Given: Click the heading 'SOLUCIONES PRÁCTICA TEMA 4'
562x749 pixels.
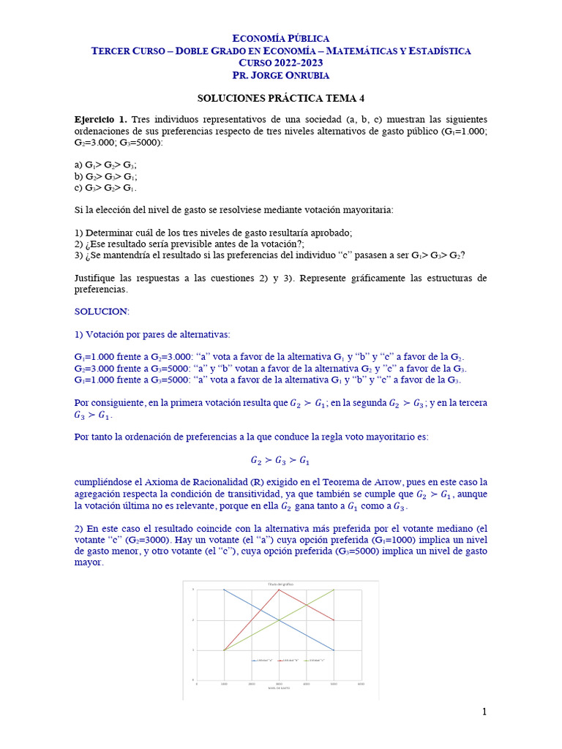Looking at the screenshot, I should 280,97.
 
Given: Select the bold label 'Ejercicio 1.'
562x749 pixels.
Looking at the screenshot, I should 101,119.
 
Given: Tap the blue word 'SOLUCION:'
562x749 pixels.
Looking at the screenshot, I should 102,311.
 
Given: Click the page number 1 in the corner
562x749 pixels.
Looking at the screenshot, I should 484,712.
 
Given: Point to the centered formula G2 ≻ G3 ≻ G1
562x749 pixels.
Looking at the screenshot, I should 280,461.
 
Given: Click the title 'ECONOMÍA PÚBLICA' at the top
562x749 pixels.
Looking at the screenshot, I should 280,38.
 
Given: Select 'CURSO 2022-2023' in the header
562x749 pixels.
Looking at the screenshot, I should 280,63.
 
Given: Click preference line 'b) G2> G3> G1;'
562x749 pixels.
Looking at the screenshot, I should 106,176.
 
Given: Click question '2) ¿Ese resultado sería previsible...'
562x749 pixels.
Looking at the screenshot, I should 190,244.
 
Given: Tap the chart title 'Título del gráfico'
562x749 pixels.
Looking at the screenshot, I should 281,584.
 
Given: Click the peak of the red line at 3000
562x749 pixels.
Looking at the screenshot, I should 279,590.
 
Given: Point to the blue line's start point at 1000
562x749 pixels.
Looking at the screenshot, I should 224,590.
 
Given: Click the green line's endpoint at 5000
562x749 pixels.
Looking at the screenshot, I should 334,590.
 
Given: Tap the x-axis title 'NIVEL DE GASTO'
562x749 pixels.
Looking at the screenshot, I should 279,688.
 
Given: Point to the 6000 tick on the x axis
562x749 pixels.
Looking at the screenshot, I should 361,684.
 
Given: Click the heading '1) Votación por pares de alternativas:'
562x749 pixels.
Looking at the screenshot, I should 152,334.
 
